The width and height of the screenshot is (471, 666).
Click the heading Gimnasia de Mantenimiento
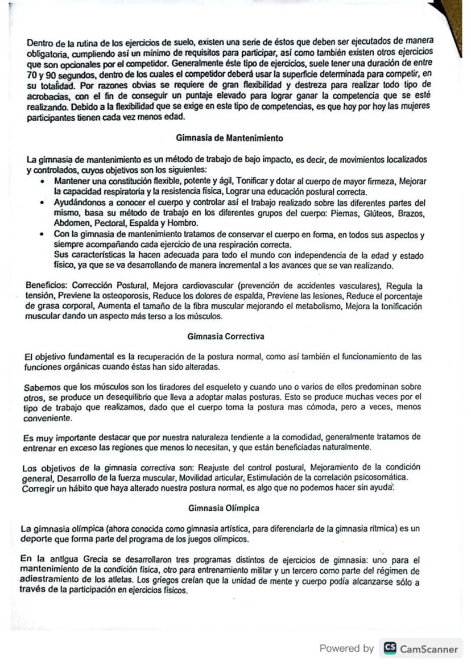230,138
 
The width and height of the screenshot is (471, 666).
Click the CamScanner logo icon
390,648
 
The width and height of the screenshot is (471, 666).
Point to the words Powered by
346,648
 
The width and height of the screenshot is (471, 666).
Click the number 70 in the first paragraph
32,75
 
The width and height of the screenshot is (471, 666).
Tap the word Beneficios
44,284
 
